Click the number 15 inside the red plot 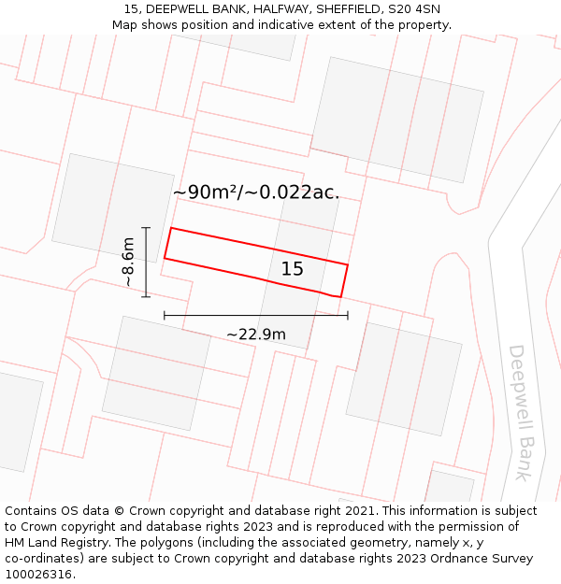pos(293,269)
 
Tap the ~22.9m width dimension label pos(255,334)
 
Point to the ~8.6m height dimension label pos(128,263)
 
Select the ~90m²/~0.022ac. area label pos(255,192)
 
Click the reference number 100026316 pos(40,575)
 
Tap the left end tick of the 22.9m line pos(165,316)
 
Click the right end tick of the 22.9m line pos(348,316)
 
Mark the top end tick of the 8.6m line pos(146,227)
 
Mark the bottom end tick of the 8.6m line pos(146,297)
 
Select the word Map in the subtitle pos(125,25)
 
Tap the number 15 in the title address pos(132,9)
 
